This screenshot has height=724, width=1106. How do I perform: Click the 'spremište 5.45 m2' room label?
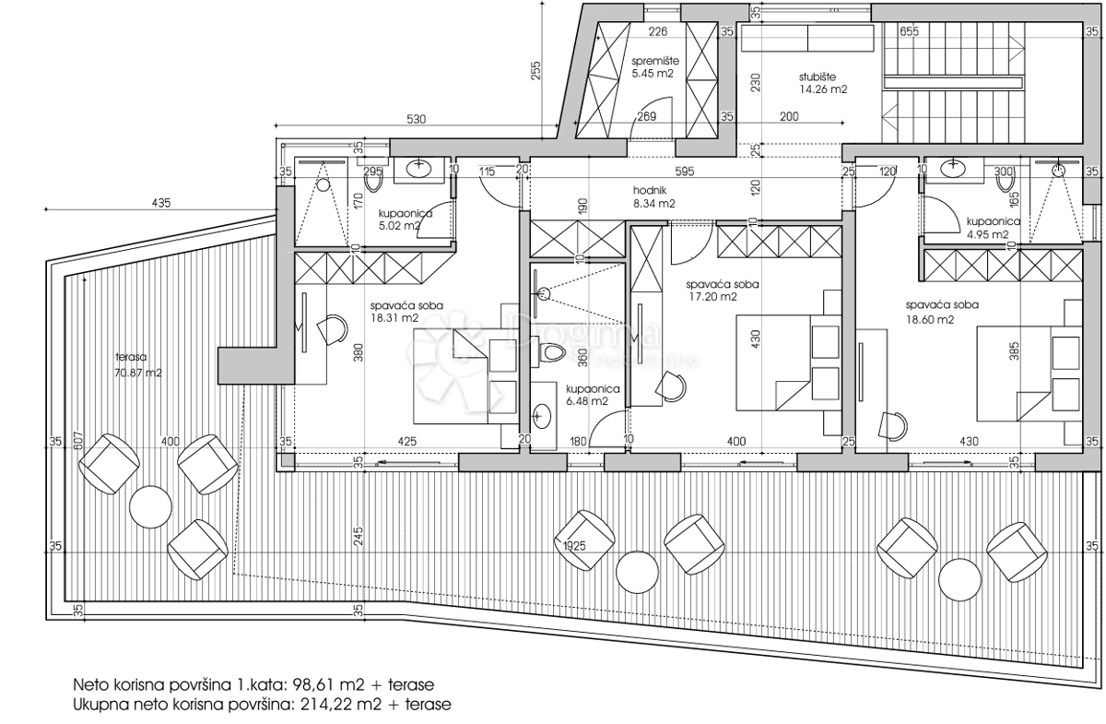[x=655, y=66]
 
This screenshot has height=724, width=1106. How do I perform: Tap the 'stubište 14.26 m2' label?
[x=823, y=83]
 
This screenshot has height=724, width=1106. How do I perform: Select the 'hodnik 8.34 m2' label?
[x=654, y=197]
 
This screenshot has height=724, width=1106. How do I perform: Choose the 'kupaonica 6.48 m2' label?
[x=587, y=395]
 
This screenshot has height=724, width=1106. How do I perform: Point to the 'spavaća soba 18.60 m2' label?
[x=941, y=312]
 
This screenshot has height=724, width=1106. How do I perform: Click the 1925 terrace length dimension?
[x=576, y=546]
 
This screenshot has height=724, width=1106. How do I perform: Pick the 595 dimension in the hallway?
[x=682, y=171]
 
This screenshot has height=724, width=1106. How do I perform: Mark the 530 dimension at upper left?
[x=417, y=120]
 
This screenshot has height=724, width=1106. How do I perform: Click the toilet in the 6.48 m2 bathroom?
[x=550, y=353]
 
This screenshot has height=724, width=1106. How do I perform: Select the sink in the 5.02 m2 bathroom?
[x=420, y=168]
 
